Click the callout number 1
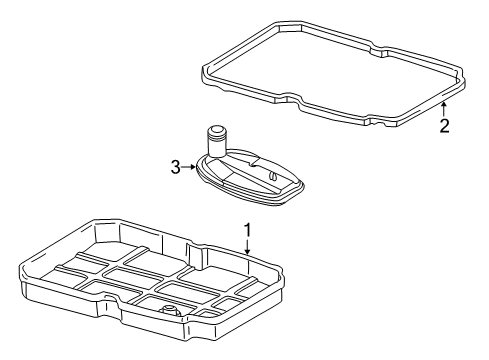click(247, 230)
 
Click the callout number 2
click(444, 126)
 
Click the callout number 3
click(175, 167)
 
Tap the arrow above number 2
click(444, 109)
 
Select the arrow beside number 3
click(189, 167)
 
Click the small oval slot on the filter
click(273, 176)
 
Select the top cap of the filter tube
click(216, 130)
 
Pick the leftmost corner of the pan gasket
click(203, 71)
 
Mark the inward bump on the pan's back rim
click(194, 248)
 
